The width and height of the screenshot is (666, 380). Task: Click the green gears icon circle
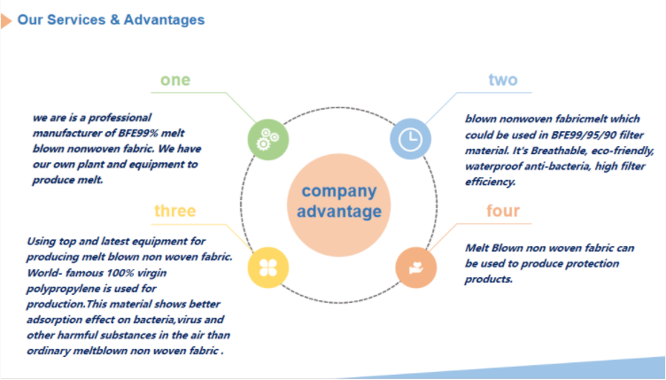(x=268, y=140)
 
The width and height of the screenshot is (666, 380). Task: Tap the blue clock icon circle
(x=410, y=139)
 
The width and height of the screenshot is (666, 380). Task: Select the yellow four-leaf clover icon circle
(x=268, y=268)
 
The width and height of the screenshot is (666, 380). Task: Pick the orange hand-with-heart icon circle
(x=416, y=268)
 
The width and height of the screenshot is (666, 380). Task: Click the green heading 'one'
(x=175, y=80)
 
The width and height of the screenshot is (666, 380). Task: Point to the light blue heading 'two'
(x=503, y=80)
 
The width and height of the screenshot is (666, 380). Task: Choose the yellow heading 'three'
(x=175, y=211)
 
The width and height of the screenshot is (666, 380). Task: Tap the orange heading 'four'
(x=503, y=211)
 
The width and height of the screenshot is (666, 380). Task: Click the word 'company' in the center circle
(x=339, y=192)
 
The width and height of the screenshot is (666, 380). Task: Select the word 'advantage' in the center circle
(x=339, y=212)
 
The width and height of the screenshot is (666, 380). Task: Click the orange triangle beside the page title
(x=6, y=20)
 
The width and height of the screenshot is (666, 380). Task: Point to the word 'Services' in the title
(x=75, y=19)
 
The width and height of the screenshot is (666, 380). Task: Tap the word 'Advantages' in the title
(x=164, y=20)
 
